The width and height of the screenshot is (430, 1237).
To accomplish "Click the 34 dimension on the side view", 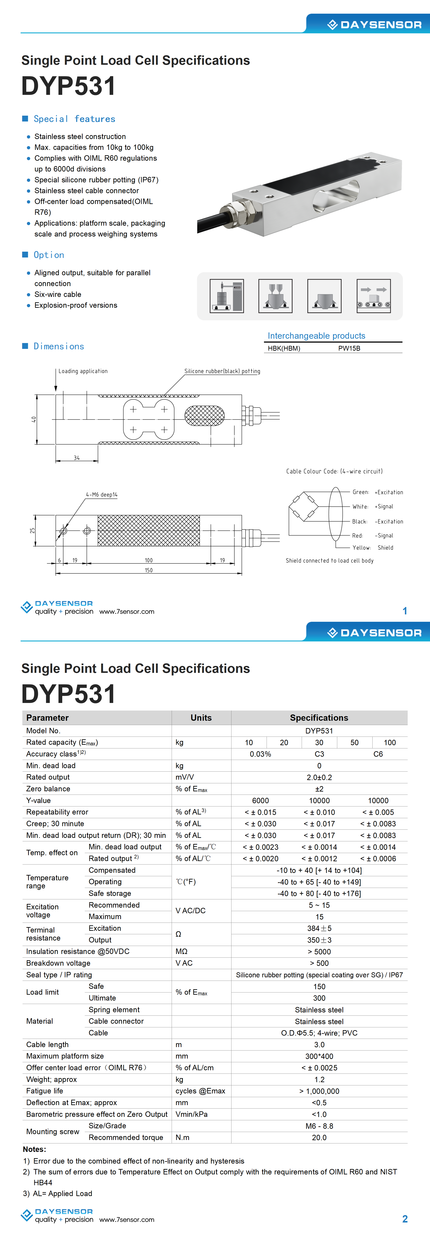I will (x=76, y=458).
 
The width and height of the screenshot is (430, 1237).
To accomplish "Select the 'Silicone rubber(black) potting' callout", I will (x=222, y=371).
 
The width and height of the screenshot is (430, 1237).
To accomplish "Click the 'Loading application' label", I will (x=83, y=371).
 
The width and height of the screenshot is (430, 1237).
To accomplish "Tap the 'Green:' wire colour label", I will (x=360, y=492).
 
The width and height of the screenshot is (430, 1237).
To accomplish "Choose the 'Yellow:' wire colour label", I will (x=361, y=547).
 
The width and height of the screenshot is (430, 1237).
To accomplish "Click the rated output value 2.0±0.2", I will (x=319, y=777).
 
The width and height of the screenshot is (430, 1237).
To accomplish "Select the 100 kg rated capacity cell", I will (x=390, y=742).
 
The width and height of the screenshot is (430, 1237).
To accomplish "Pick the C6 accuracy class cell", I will (x=378, y=754).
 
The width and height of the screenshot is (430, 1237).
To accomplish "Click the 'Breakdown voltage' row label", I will (x=58, y=963).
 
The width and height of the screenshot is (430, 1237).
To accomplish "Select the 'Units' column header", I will (x=201, y=717).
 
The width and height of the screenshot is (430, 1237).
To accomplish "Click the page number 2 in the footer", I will (x=405, y=1219).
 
